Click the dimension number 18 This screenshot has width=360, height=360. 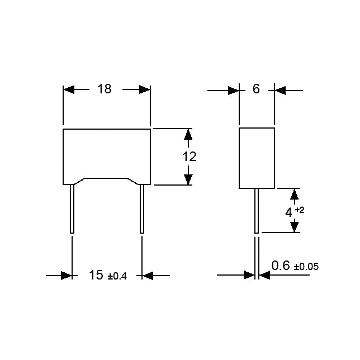[x=104, y=89]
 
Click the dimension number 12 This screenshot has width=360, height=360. [x=190, y=157]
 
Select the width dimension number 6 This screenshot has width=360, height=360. [x=256, y=89]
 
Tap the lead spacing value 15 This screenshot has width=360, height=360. [x=96, y=275]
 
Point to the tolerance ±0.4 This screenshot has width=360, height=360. [x=117, y=276]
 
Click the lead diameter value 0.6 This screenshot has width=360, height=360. [x=281, y=266]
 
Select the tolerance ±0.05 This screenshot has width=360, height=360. [x=306, y=267]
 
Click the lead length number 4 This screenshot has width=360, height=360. [x=288, y=212]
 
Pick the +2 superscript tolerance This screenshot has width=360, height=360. [x=300, y=210]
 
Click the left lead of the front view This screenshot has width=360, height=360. [x=72, y=209]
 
